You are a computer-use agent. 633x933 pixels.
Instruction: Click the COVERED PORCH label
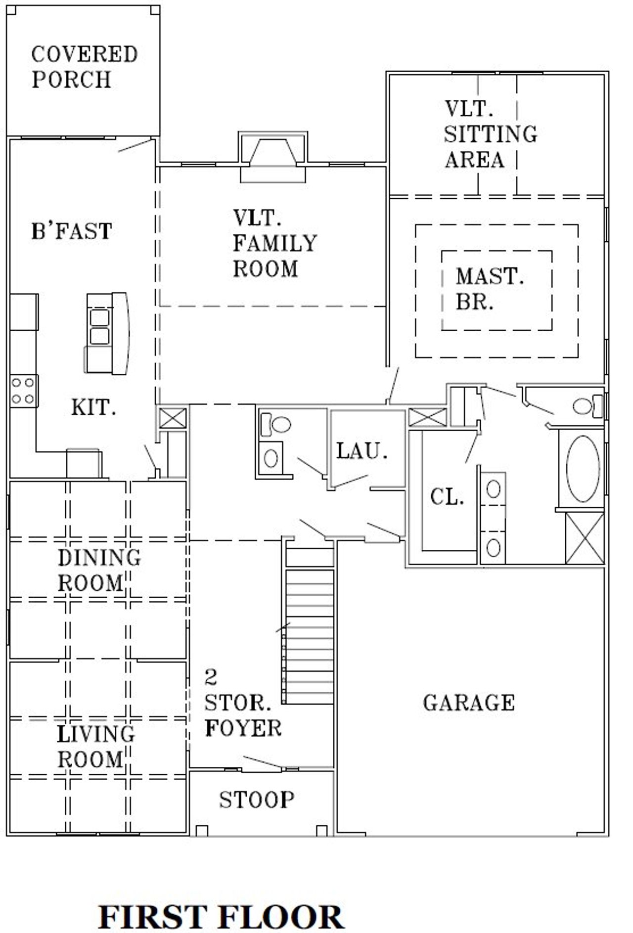click(x=84, y=67)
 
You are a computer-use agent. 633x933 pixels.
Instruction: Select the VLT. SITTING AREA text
click(x=490, y=134)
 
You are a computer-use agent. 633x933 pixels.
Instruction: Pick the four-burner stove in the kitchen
click(x=23, y=391)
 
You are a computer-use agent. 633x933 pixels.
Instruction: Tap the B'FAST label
click(x=72, y=231)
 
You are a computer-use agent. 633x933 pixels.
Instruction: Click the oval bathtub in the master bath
click(x=583, y=469)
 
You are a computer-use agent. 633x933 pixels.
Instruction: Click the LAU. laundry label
click(x=362, y=451)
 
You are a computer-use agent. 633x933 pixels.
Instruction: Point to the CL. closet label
click(x=447, y=497)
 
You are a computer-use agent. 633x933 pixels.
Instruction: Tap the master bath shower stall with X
click(x=585, y=538)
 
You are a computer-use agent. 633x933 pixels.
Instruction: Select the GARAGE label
click(x=468, y=703)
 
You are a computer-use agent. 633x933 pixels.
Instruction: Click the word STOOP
click(x=257, y=800)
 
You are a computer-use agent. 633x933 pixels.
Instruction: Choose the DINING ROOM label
click(x=99, y=570)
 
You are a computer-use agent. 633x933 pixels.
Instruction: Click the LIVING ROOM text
click(x=95, y=747)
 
